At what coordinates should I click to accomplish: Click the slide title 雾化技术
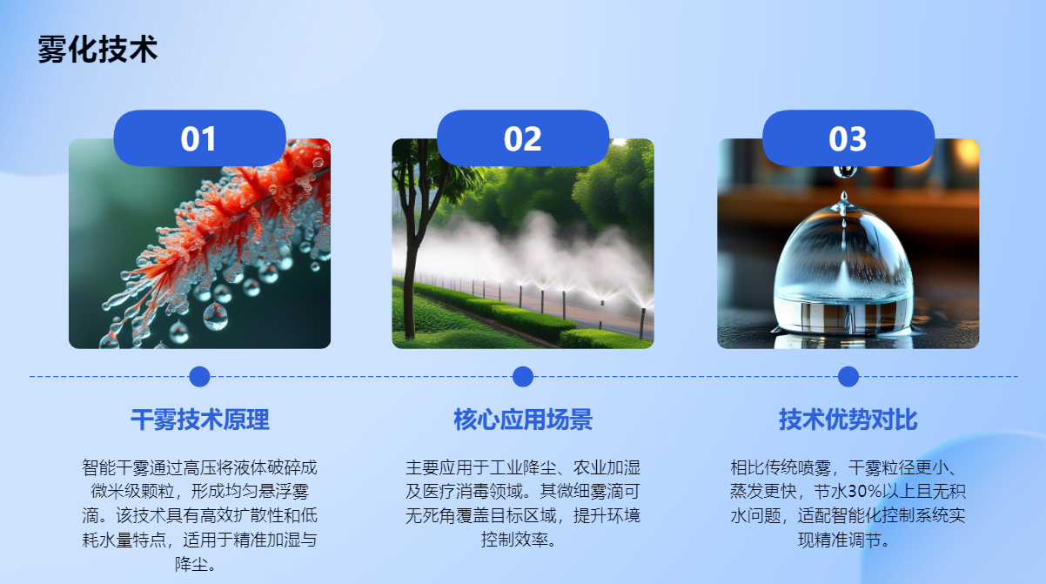pos(97,49)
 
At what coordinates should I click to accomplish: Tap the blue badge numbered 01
pos(199,138)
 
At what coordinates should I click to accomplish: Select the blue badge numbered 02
pos(522,138)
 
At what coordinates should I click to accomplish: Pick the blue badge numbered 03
pos(848,138)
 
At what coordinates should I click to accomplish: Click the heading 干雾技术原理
pos(200,420)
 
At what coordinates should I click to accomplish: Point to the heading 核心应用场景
pos(523,420)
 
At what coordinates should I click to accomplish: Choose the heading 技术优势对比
pos(848,420)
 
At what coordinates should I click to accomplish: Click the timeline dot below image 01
pos(199,377)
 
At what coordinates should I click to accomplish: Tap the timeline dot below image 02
pos(522,377)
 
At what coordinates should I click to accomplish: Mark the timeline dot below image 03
pos(848,377)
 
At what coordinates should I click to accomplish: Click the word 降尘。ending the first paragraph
pos(196,564)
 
